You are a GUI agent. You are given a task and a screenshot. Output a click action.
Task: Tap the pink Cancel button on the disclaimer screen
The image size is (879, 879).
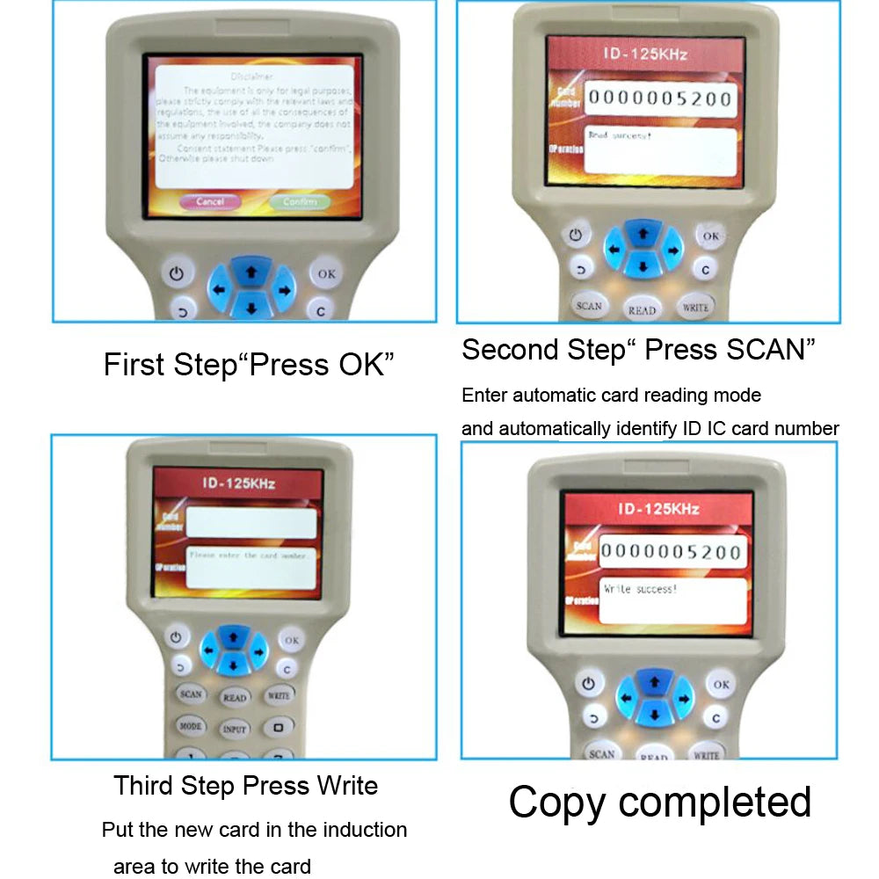coord(210,201)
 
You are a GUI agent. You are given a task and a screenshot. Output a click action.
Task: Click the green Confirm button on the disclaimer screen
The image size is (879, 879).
coord(300,202)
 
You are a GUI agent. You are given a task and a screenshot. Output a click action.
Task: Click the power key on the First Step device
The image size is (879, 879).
coord(177,273)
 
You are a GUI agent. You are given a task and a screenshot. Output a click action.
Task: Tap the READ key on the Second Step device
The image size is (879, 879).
coord(643,309)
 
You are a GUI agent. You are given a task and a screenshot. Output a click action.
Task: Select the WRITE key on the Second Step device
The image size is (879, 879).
coord(695,307)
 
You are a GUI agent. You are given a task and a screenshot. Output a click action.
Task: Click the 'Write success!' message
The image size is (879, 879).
coord(641,589)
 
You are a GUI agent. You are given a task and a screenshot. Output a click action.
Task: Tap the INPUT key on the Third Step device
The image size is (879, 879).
coord(235,729)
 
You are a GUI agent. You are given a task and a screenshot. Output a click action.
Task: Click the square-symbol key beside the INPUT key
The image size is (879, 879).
coord(279,727)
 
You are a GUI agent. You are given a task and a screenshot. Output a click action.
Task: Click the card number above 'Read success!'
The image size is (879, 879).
coord(659,98)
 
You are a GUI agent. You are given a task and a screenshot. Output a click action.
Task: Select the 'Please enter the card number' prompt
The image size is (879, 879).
coord(248,556)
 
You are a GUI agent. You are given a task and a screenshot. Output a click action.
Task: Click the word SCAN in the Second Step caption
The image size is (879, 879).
coord(764,350)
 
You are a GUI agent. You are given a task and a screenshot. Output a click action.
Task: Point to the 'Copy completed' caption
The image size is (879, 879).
coord(659,802)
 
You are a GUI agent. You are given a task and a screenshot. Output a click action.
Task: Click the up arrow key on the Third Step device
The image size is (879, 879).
coord(233,636)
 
